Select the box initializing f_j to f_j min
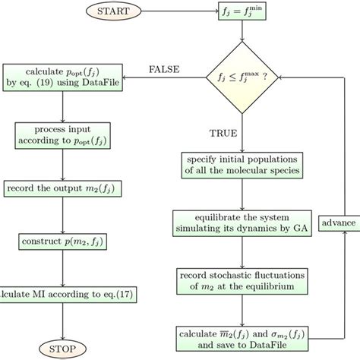[242, 13]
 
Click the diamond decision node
[242, 77]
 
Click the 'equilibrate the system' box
[242, 222]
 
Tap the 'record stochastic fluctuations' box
[242, 279]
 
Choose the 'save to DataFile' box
[242, 336]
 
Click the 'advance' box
[338, 223]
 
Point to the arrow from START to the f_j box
[182, 13]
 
